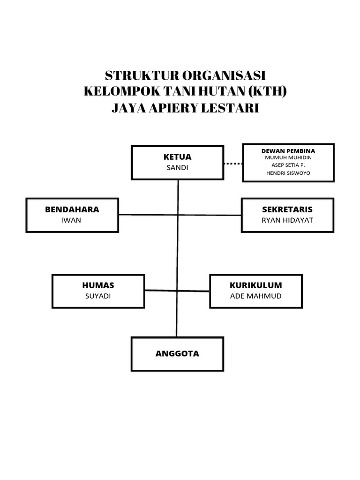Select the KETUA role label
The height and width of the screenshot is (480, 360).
pos(177,157)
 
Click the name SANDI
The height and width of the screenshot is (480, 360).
pos(177,168)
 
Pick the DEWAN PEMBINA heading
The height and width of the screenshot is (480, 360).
pos(288,151)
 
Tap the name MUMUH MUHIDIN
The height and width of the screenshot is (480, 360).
pos(288,157)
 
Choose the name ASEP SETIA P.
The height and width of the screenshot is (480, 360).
pos(288,165)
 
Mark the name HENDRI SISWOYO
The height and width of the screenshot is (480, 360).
pos(288,173)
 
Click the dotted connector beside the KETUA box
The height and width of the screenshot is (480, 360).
pos(232,164)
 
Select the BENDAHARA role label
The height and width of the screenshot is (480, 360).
pos(72,210)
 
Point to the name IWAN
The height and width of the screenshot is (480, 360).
pos(71,220)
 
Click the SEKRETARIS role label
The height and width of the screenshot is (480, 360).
pos(287,210)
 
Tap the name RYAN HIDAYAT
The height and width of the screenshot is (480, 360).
pos(287,220)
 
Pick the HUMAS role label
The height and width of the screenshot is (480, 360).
pos(98,285)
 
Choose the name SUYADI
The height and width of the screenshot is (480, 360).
pos(98,296)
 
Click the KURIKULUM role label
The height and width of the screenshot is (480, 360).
pos(255,285)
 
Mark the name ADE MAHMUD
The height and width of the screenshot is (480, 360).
pos(255,296)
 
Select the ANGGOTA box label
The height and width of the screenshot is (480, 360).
pos(177,354)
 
